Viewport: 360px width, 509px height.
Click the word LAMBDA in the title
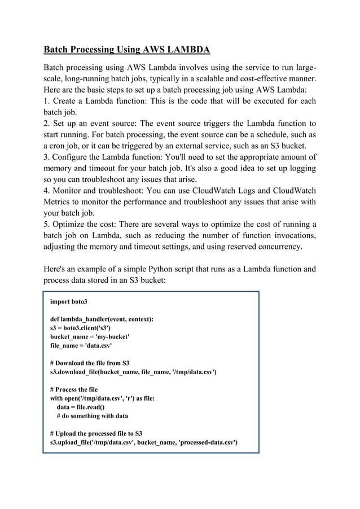[188, 50]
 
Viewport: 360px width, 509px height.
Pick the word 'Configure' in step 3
[73, 157]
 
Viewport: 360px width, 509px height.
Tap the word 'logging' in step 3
[301, 169]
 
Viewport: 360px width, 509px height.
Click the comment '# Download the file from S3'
[90, 363]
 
